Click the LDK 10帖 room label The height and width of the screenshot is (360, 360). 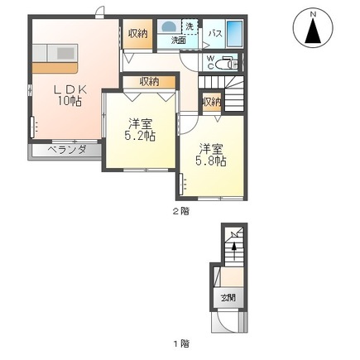pos(70,95)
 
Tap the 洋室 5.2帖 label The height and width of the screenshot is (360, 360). pos(140,130)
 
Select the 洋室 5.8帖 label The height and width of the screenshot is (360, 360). pos(211,155)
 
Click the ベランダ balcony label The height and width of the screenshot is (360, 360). pos(67,150)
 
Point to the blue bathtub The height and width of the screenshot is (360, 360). pos(234,34)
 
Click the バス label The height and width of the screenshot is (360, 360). pos(215,34)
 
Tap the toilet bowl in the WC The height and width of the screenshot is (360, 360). pos(225,65)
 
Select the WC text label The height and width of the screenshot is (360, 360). pos(210,62)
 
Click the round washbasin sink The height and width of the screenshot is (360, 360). pos(169,26)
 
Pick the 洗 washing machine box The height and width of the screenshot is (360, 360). pos(190,26)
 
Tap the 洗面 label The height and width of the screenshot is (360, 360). pos(179,41)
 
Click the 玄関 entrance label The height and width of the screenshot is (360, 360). pos(228,298)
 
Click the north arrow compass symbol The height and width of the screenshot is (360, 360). pos(313,28)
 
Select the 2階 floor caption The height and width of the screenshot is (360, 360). pos(181,212)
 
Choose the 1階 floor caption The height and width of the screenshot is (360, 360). pos(181,343)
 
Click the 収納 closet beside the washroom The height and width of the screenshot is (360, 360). pos(137,34)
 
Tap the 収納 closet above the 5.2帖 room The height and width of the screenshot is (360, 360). pos(149,82)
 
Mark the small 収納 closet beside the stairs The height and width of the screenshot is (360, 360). pos(212,102)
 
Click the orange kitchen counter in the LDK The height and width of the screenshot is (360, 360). pos(55,68)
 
